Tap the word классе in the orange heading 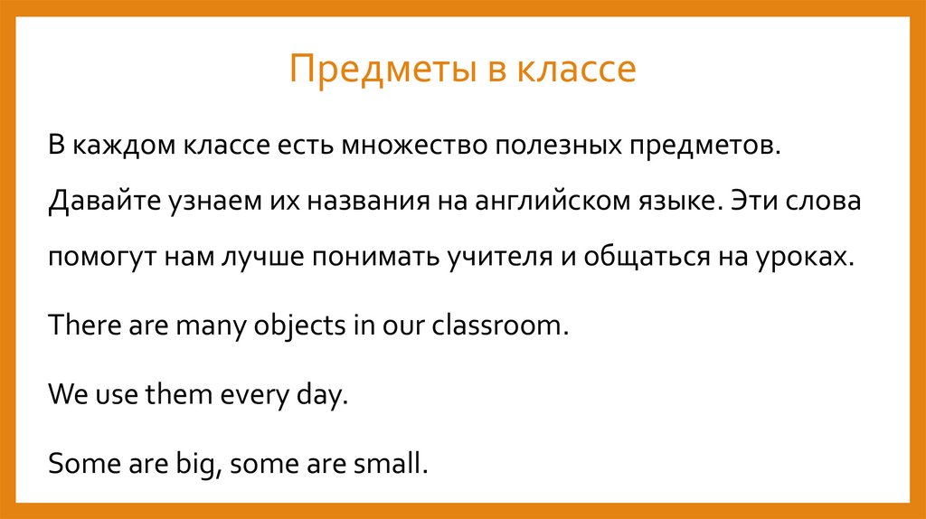576,70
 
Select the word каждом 123,145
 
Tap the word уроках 807,256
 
